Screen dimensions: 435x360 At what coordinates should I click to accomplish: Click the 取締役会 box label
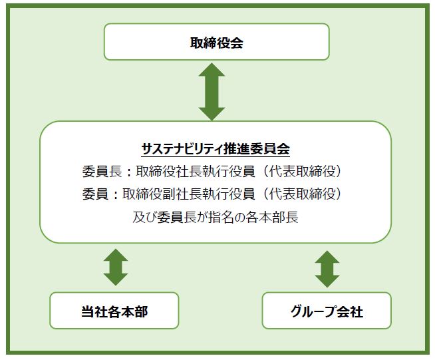(216, 43)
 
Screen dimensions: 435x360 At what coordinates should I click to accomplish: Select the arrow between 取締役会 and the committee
(212, 92)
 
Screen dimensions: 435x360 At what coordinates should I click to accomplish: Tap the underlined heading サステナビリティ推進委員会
(216, 149)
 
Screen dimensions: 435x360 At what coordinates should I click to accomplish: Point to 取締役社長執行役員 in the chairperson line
(196, 171)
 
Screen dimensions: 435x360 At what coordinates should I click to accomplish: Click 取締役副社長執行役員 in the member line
(189, 194)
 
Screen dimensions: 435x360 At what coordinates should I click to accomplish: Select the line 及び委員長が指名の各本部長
(216, 217)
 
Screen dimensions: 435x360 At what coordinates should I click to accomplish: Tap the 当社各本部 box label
(114, 311)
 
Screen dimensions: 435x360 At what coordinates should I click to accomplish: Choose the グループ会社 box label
(327, 311)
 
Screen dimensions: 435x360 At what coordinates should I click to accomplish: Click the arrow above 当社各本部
(116, 267)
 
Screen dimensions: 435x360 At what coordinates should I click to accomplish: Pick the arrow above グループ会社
(327, 269)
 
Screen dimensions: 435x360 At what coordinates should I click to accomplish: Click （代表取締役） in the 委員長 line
(301, 171)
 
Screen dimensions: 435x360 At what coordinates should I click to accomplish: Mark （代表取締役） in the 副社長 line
(301, 194)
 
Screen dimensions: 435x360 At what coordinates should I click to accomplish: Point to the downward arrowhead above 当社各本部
(116, 279)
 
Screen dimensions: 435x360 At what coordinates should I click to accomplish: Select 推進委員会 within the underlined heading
(257, 149)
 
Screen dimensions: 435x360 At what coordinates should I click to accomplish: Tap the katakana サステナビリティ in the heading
(182, 149)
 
